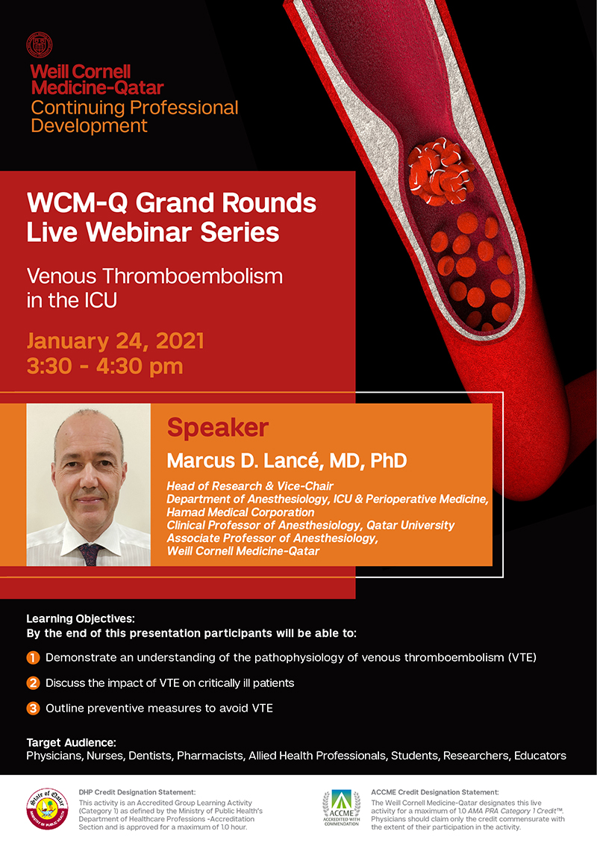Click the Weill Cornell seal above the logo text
click(40, 46)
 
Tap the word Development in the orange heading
click(89, 125)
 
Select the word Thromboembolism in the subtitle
click(193, 276)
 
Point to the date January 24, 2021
click(116, 341)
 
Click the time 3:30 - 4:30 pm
click(105, 366)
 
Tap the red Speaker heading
click(217, 428)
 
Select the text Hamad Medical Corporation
click(240, 512)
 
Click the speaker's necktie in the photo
click(90, 555)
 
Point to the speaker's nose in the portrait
click(87, 477)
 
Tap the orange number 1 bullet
click(33, 658)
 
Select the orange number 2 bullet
click(33, 683)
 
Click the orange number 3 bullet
click(33, 709)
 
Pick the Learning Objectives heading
click(81, 619)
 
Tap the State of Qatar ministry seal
click(48, 808)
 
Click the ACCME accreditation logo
click(341, 808)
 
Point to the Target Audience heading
click(71, 743)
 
